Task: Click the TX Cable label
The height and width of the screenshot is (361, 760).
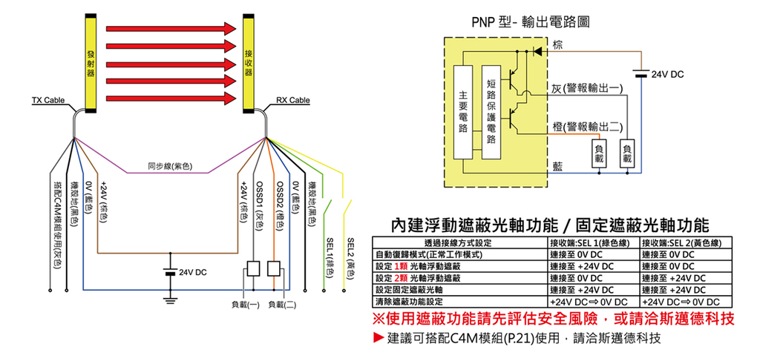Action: (x=47, y=100)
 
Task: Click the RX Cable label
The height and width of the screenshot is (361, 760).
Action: (x=292, y=100)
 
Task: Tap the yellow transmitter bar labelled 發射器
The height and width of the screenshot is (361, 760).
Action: (x=90, y=62)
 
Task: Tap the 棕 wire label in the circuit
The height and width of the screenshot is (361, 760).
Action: (x=557, y=46)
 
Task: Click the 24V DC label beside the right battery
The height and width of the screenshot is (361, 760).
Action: (x=667, y=75)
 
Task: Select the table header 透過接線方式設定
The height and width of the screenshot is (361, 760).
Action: (x=458, y=243)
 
